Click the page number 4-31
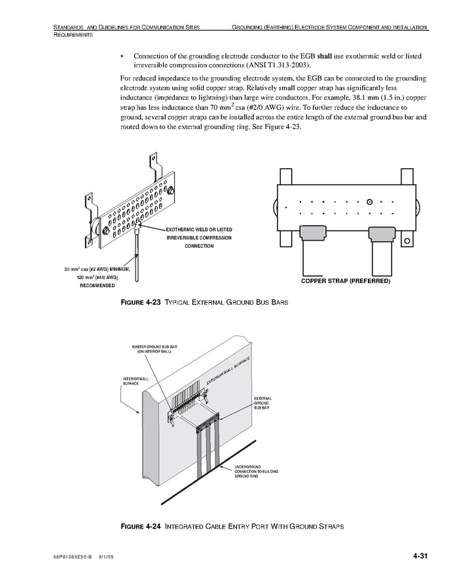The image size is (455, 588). click(x=420, y=557)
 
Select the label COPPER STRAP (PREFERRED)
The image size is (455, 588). click(x=345, y=281)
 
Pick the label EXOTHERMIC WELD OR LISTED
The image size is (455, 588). click(x=199, y=230)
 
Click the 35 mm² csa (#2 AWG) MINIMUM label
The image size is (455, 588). click(x=98, y=269)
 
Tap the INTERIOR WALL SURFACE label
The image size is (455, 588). click(x=136, y=381)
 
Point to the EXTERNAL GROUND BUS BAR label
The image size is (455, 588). click(x=263, y=403)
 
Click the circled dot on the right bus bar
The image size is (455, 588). click(x=370, y=201)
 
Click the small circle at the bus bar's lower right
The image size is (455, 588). click(x=407, y=241)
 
